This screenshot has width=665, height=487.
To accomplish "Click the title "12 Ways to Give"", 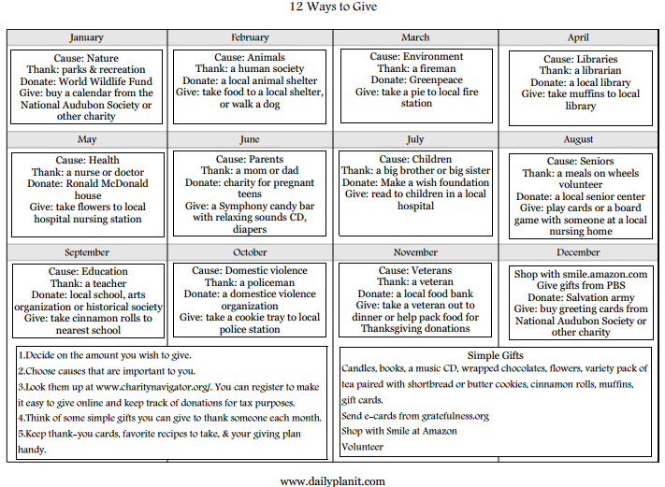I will point(332,7).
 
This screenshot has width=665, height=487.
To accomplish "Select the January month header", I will point(87,37).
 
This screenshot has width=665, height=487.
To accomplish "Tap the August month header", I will point(578,139).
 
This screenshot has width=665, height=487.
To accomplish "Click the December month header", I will point(578,252).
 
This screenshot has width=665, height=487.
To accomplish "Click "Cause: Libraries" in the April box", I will point(580,59).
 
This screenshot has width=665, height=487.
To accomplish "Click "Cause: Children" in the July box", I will point(415,159).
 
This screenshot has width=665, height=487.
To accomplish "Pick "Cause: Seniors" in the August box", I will point(580,161).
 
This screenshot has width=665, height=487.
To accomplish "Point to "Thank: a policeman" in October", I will point(250,282).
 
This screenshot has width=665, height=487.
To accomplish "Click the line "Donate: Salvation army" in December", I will point(580,297).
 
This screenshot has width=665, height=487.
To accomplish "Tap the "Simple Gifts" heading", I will point(496,355).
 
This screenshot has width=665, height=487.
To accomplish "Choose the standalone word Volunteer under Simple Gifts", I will point(363,447).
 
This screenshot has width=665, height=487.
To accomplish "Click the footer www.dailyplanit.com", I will point(332,480).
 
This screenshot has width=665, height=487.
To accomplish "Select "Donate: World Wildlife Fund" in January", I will point(87,80).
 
